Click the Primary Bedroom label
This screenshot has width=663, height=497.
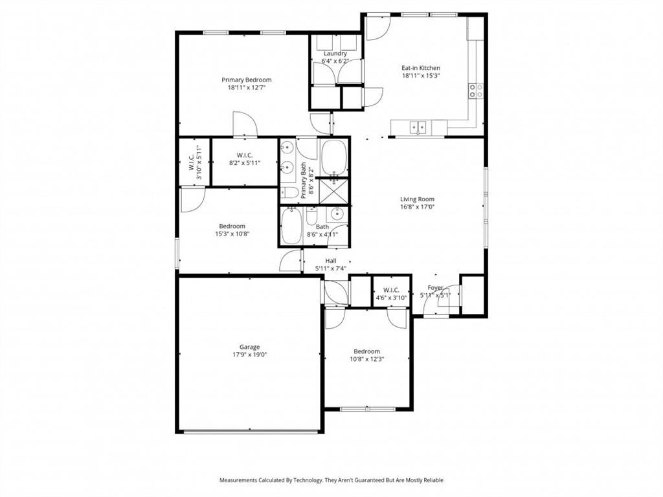pos(246,80)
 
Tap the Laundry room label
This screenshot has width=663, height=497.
pos(335,54)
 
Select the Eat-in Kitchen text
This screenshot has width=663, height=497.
pos(421,68)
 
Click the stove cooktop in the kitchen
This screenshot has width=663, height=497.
pos(476,91)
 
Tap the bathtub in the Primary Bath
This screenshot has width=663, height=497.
pos(334,157)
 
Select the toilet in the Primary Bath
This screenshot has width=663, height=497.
pos(289,193)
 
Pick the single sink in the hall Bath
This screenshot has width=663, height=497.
pos(337,214)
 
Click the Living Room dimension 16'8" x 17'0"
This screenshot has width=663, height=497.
pos(417,208)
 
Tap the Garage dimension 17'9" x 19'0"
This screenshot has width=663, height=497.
pos(250,355)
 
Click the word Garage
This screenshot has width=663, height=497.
pos(250,347)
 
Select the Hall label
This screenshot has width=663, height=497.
pos(330,261)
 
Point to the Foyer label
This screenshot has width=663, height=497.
pos(436,288)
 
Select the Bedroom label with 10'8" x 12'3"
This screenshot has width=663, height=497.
pos(366,351)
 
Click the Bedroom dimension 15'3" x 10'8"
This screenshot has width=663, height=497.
pos(232,234)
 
